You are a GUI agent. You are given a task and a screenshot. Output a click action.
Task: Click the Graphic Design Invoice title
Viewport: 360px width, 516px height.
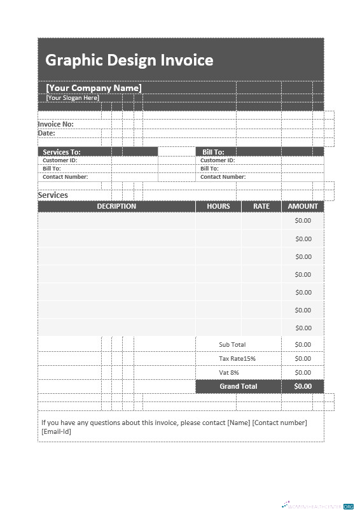pos(129,60)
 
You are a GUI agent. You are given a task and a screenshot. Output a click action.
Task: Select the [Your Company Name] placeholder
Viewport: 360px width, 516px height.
pos(93,88)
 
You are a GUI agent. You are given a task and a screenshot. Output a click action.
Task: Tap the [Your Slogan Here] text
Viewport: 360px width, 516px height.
pos(73,98)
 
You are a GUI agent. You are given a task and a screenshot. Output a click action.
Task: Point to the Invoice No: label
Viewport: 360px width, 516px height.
pos(56,124)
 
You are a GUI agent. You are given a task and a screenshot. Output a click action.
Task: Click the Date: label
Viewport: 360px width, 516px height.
pos(46,134)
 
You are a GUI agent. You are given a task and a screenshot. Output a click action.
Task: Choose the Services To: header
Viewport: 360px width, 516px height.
pos(62,152)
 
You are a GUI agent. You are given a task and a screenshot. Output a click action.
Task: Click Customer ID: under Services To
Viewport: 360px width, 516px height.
pos(60,160)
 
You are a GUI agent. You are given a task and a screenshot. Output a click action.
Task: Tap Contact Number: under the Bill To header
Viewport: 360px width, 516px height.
pos(223,177)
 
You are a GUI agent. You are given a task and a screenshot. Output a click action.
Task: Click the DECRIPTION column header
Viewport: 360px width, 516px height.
pos(116,206)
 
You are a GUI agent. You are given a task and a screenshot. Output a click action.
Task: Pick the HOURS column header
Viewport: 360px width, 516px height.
pos(218,206)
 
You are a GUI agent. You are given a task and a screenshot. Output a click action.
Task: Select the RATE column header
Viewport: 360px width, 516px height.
pos(261,206)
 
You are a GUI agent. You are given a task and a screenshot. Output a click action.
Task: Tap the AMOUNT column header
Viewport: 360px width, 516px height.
pos(303,206)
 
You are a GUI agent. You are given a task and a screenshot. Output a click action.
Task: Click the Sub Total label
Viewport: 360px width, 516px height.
pos(232,344)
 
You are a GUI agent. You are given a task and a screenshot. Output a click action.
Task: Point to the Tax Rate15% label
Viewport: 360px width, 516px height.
pos(237,358)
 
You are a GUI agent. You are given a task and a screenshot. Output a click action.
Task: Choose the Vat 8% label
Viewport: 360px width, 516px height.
pos(229,372)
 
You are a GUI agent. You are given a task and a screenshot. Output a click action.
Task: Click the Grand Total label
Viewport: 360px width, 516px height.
pos(239,386)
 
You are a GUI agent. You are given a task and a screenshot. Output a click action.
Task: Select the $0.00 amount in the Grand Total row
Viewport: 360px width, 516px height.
pos(303,386)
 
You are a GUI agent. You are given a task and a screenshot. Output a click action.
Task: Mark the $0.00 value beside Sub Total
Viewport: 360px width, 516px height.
pos(303,344)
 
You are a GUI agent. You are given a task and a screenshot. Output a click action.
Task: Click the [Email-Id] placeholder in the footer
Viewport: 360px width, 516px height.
pos(57,431)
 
